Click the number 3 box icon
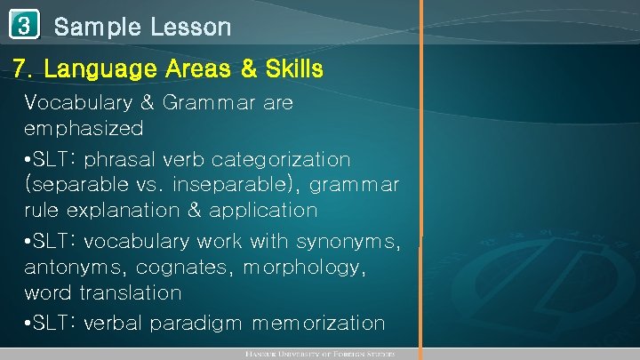click(25, 26)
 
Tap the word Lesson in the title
click(189, 28)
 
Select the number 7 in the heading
click(20, 68)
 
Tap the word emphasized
click(84, 129)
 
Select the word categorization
click(285, 160)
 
